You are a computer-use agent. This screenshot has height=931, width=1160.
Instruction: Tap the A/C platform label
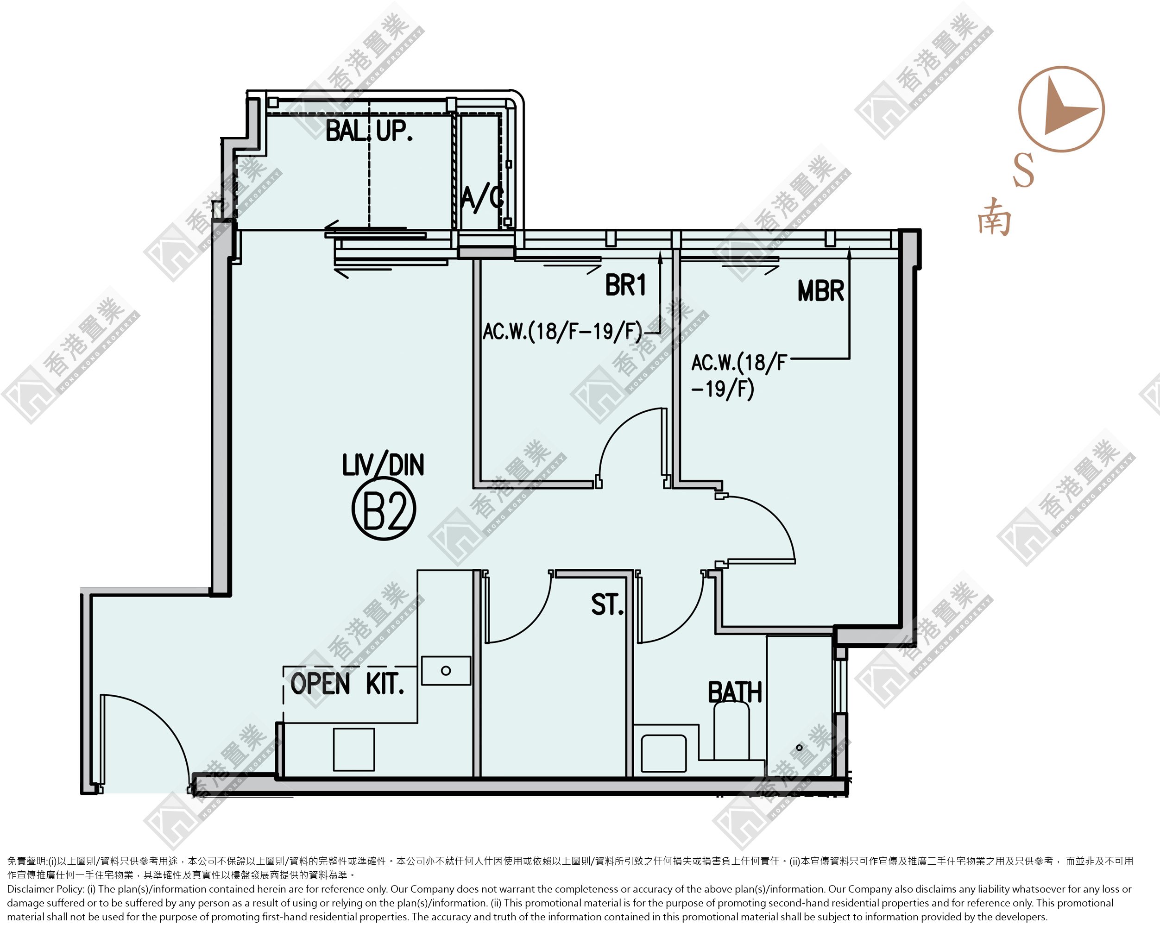tap(483, 198)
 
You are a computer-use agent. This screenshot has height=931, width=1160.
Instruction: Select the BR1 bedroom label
tap(625, 285)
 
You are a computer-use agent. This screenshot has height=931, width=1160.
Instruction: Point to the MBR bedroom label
tap(820, 291)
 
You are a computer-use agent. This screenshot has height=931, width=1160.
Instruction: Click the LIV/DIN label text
tap(383, 465)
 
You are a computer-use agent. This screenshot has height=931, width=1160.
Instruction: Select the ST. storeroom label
tap(607, 604)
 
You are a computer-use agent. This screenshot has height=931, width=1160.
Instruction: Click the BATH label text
tap(734, 692)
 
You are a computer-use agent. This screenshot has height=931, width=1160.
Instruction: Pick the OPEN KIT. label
tap(347, 684)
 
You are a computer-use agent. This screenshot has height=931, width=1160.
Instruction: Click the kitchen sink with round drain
tap(446, 671)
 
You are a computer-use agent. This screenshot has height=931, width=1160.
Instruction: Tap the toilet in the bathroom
tap(731, 731)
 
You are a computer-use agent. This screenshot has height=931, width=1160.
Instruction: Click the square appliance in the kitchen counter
tap(353, 749)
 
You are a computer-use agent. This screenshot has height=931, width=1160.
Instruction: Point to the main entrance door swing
tap(161, 718)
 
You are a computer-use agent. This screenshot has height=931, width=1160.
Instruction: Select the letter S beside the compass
tap(1023, 170)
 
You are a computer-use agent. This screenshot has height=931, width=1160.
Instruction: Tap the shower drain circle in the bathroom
tap(799, 747)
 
